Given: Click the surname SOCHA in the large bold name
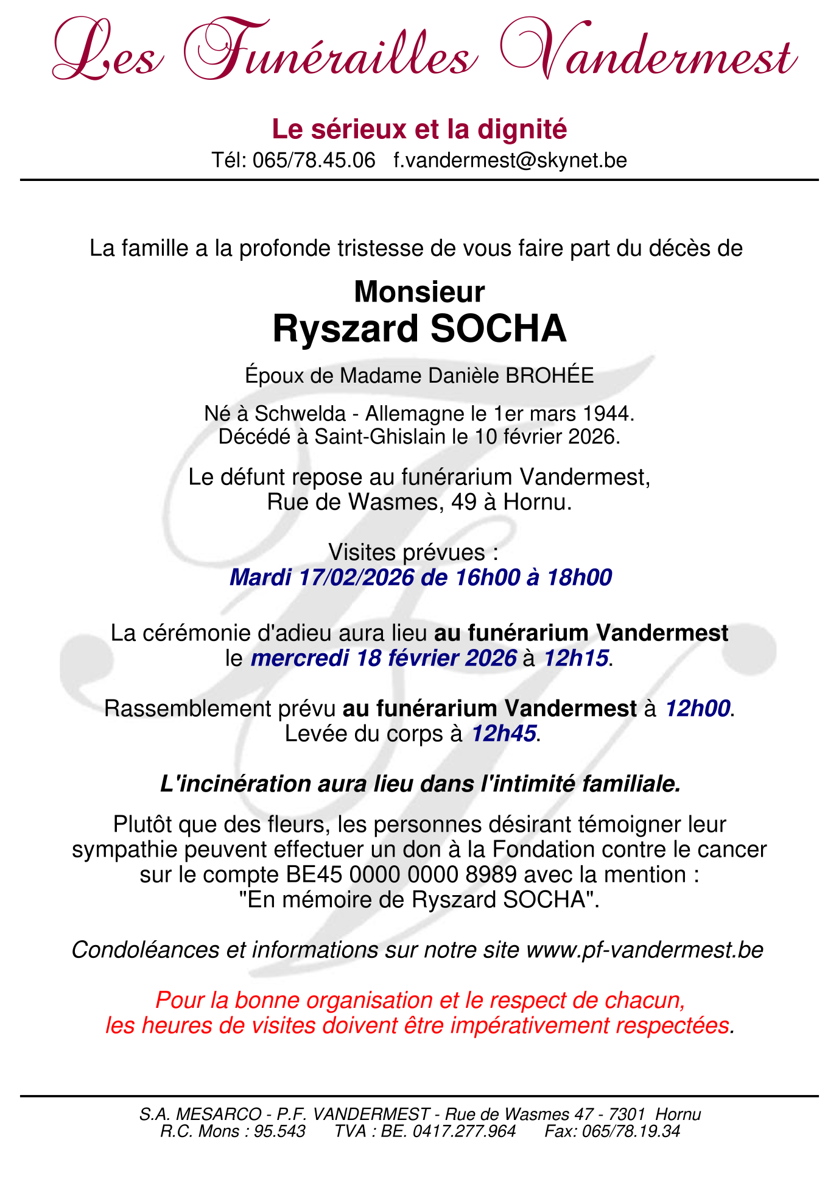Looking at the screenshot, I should pos(498,329).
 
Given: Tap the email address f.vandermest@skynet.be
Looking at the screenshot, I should pos(510,160).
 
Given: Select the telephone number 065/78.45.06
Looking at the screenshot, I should pos(314,160).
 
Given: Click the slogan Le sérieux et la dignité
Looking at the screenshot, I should pos(419,129).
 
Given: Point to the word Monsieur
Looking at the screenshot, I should pos(419,292).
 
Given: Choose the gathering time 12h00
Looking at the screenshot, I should pos(697,709).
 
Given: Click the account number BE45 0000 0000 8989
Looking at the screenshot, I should pos(401,875).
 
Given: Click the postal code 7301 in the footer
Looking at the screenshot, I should pos(627,1114).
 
